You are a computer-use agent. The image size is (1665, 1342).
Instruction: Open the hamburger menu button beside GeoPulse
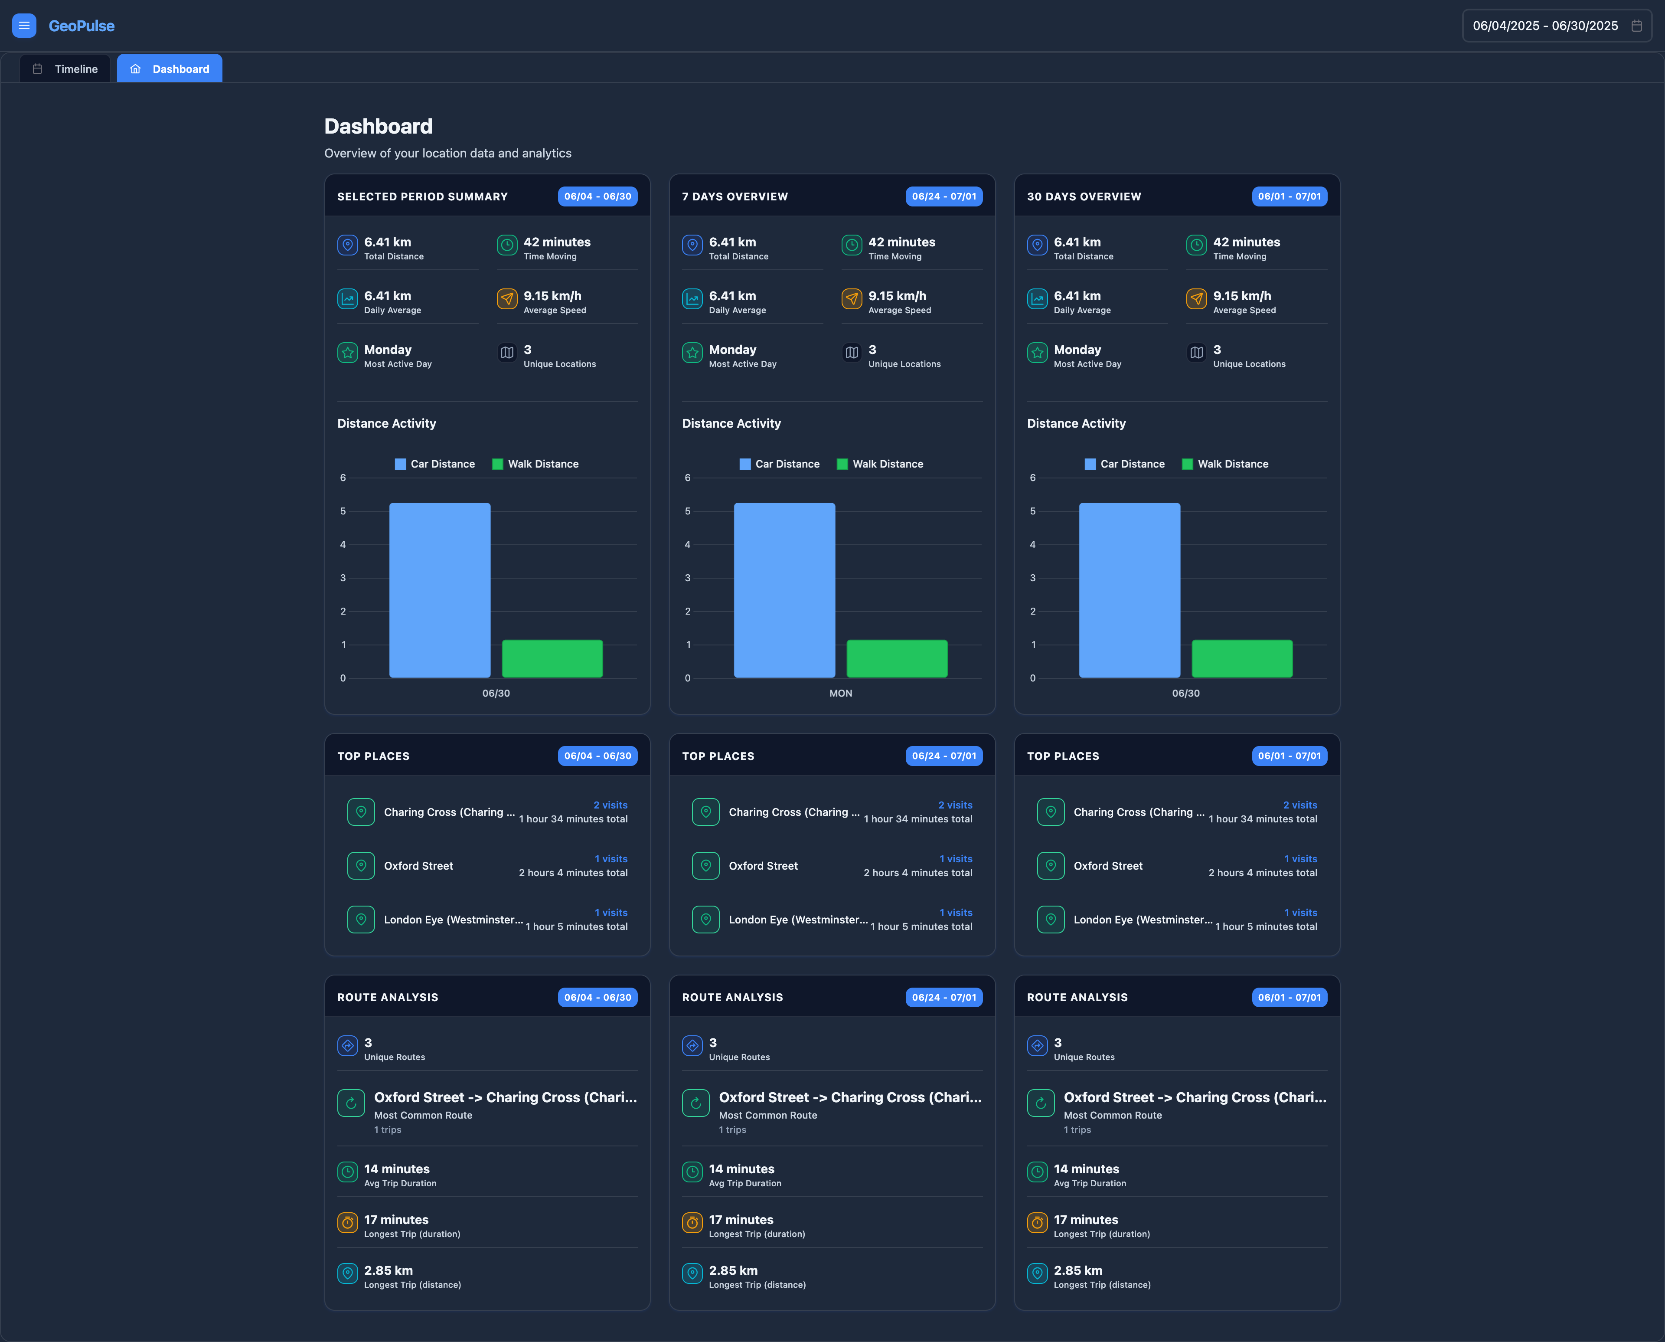[x=24, y=26]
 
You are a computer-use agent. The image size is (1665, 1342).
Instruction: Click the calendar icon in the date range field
[x=1636, y=26]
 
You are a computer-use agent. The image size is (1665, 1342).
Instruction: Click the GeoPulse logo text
[x=81, y=26]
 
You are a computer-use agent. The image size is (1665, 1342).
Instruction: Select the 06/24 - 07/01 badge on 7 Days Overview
[x=943, y=196]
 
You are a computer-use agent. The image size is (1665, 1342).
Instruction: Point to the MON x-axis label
[x=841, y=694]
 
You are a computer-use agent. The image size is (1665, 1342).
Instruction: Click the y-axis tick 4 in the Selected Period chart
[x=343, y=545]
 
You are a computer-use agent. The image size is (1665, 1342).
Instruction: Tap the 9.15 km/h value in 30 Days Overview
[x=1242, y=296]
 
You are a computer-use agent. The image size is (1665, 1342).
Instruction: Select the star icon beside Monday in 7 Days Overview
[x=692, y=353]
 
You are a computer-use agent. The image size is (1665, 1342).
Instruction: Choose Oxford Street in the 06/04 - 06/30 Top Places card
[x=418, y=866]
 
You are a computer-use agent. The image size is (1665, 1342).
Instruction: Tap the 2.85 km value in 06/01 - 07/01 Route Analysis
[x=1078, y=1270]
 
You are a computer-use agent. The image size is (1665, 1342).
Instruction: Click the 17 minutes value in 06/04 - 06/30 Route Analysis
[x=396, y=1220]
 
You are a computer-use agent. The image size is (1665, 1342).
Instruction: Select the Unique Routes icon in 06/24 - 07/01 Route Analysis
[x=692, y=1046]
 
